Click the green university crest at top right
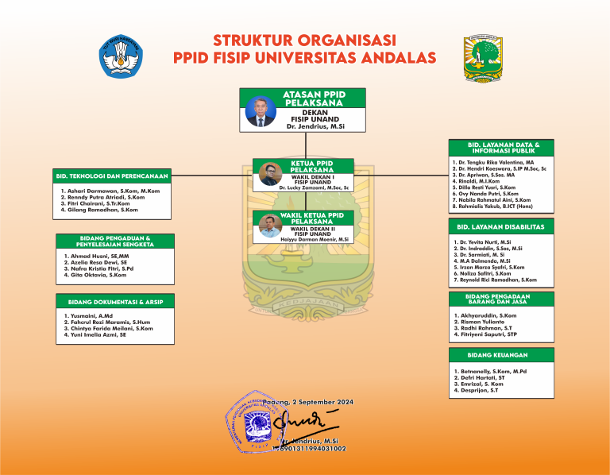(x=483, y=56)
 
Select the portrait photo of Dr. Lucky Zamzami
(x=268, y=174)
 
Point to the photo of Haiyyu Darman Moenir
(x=268, y=226)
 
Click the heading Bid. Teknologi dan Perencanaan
(x=112, y=175)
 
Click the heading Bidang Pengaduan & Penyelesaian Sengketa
(x=116, y=240)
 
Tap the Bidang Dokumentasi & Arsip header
(x=116, y=302)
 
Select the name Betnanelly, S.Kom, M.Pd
(x=491, y=371)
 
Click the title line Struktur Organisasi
(x=304, y=40)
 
